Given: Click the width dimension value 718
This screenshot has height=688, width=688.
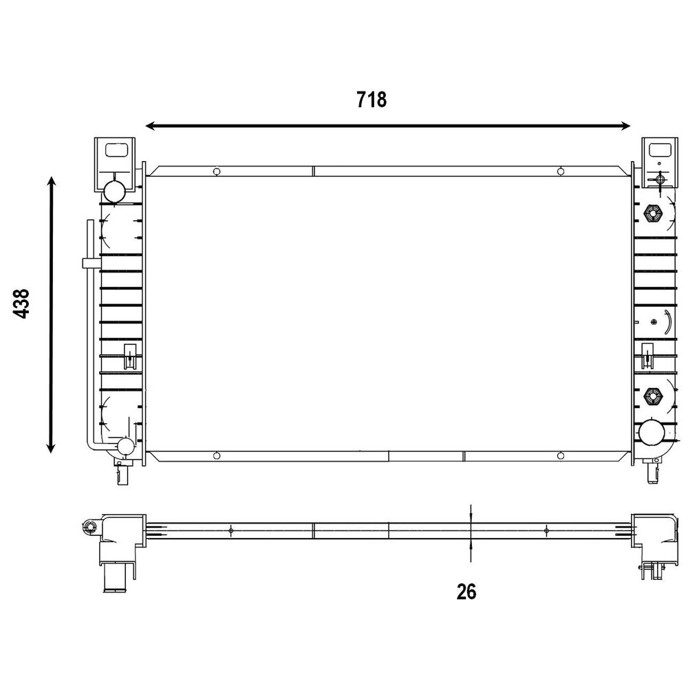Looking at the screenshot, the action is pos(372,100).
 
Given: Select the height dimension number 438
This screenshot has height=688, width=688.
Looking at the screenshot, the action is pos(21,303).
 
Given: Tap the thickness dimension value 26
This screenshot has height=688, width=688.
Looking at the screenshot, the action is pos(466,592).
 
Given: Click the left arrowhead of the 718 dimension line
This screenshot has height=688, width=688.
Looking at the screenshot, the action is pos(151,127).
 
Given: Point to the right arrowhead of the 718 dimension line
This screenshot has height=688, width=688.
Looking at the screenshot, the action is pos(625,127).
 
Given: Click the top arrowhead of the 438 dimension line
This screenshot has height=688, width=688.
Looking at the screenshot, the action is pos(52,182).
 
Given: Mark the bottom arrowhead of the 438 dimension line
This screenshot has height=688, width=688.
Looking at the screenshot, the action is pos(52,447).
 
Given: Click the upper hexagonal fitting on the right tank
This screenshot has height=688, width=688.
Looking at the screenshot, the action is pos(652,214).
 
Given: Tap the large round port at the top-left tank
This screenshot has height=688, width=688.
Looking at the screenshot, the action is pos(114,191).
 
